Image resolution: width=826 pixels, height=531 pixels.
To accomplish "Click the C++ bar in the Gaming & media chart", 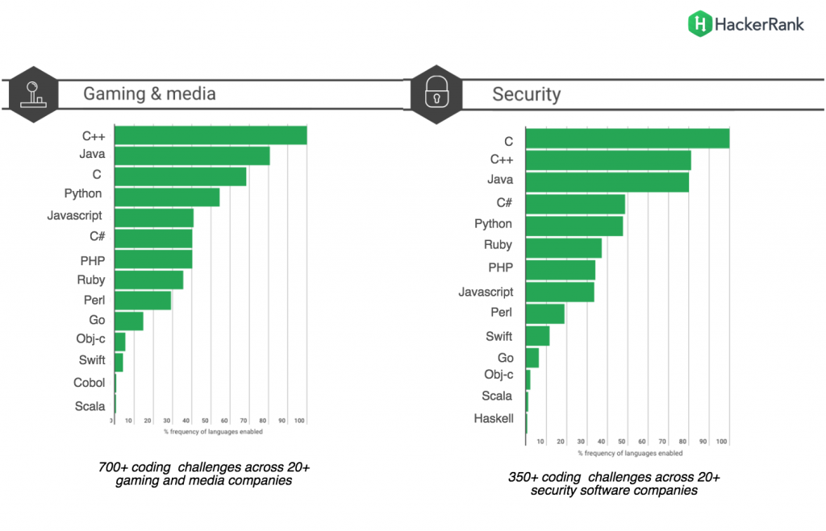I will [211, 135].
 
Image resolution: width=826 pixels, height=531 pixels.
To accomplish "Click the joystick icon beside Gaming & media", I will [32, 93].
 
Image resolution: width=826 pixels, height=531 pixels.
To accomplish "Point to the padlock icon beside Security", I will [436, 94].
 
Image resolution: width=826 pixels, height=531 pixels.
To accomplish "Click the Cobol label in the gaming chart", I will [89, 383].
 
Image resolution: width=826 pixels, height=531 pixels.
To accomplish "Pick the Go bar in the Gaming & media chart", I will [129, 321].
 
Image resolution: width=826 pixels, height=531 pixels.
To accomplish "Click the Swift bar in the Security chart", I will [537, 336].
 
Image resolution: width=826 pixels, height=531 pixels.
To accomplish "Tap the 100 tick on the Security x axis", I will [722, 442].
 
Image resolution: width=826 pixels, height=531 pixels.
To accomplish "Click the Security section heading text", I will [526, 94].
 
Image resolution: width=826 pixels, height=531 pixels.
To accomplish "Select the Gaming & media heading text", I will [149, 93].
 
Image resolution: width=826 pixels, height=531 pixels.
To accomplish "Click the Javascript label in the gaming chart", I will [74, 216].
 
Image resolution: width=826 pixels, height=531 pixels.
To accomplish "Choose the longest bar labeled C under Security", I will [627, 139].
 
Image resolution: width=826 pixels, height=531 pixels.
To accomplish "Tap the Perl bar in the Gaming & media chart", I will [143, 301].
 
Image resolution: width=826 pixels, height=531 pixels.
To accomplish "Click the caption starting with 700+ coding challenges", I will [203, 474].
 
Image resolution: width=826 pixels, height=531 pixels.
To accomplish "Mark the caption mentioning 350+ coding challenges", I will [615, 483].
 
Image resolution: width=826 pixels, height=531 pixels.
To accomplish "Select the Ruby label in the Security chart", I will [498, 245].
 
